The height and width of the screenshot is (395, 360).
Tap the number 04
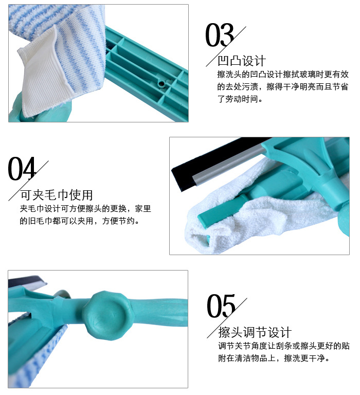pyautogui.click(x=22, y=169)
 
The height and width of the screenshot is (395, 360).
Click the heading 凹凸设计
pyautogui.click(x=242, y=61)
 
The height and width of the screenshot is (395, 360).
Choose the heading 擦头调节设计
pyautogui.click(x=255, y=332)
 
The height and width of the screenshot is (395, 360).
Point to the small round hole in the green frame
pyautogui.click(x=163, y=82)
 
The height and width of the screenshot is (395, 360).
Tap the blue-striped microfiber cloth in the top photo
pyautogui.click(x=57, y=21)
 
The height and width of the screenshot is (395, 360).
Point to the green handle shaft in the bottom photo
pyautogui.click(x=165, y=314)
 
